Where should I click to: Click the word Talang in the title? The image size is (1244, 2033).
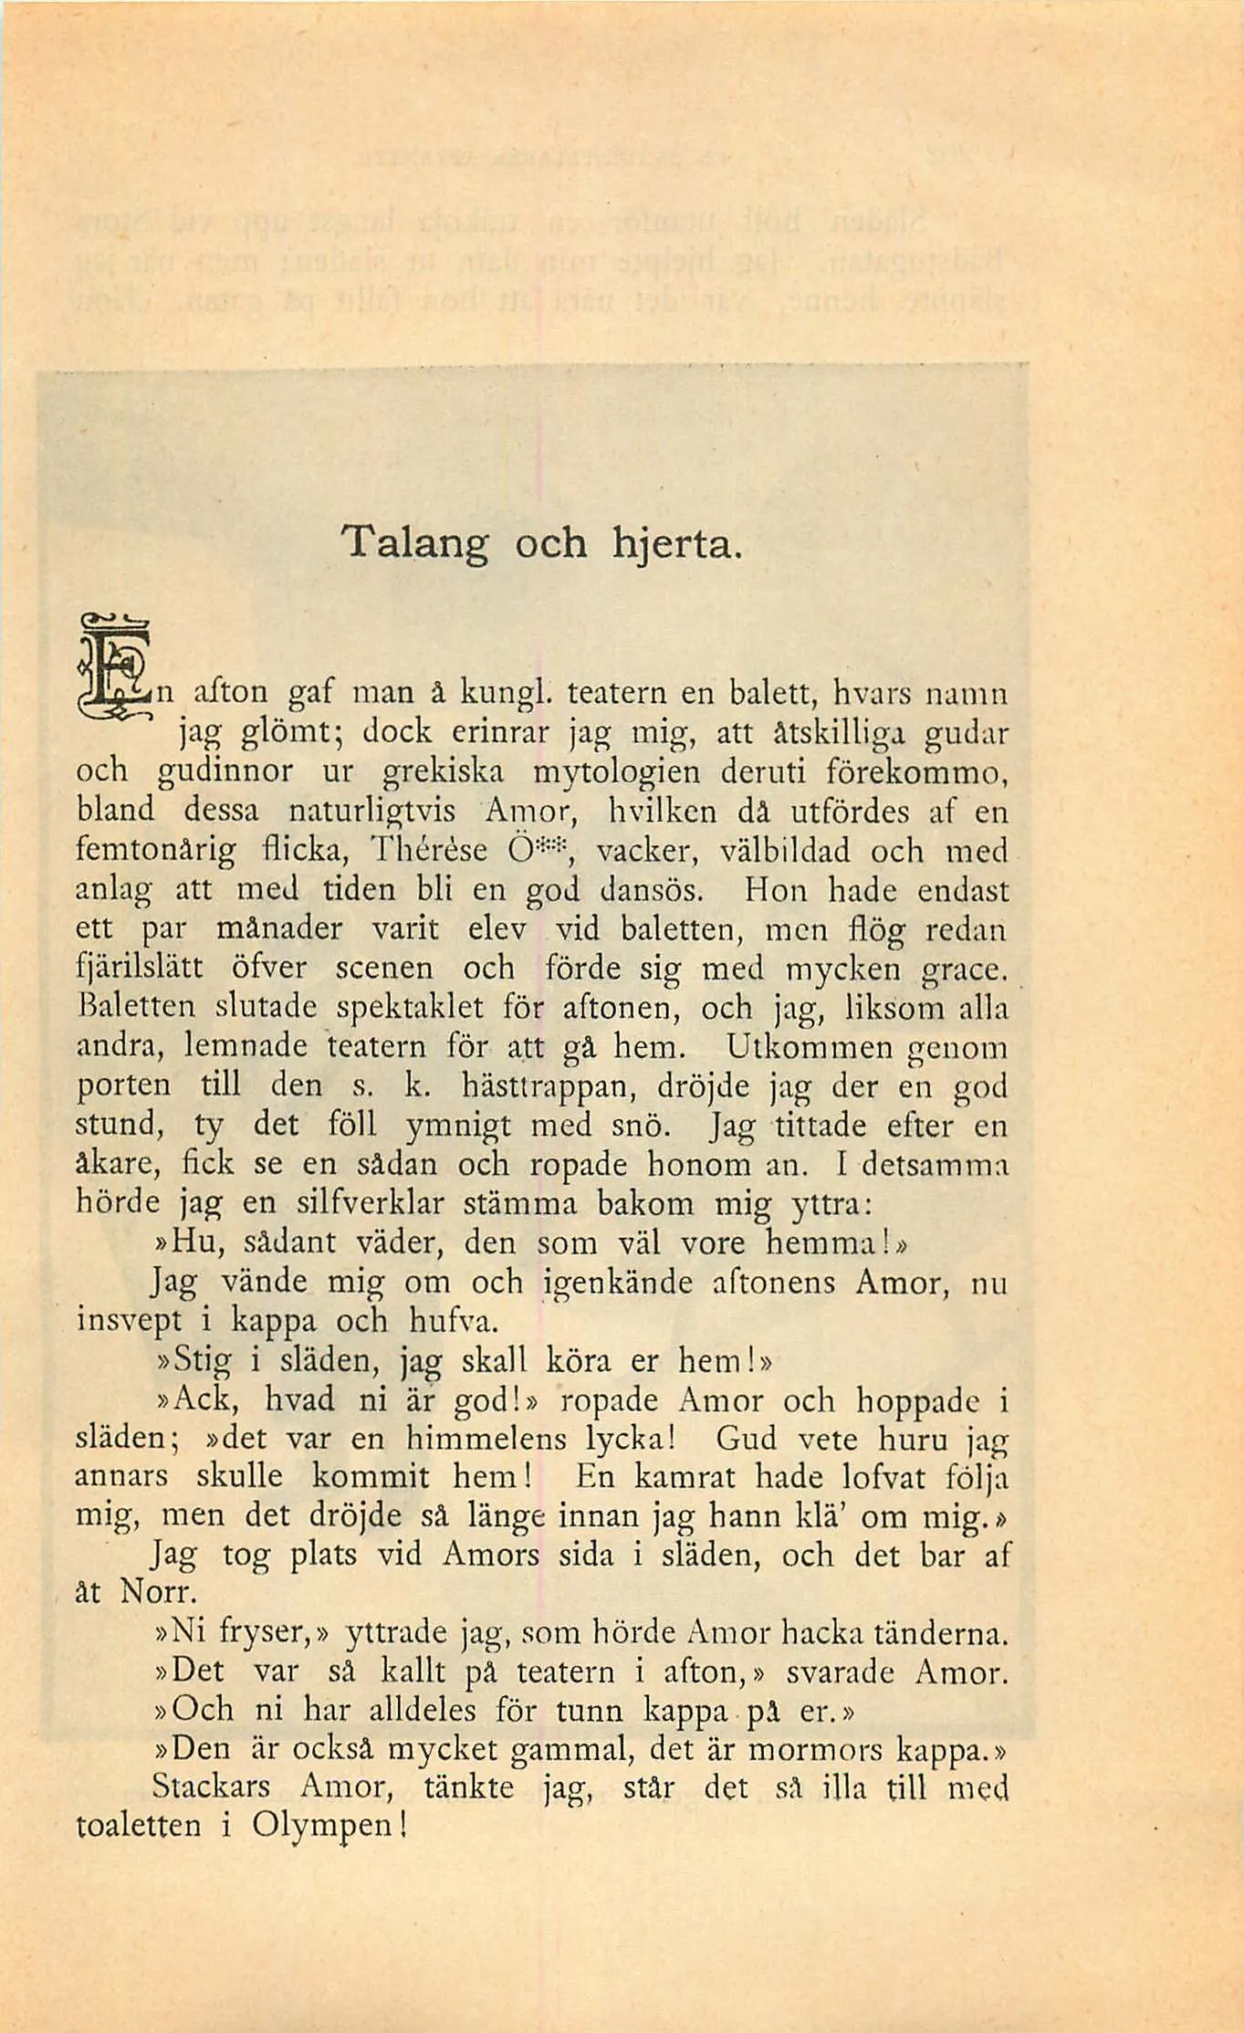[x=415, y=545]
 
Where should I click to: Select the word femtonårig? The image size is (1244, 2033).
[x=155, y=852]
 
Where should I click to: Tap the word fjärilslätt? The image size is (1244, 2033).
[x=140, y=969]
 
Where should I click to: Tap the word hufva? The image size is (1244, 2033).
[x=454, y=1321]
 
